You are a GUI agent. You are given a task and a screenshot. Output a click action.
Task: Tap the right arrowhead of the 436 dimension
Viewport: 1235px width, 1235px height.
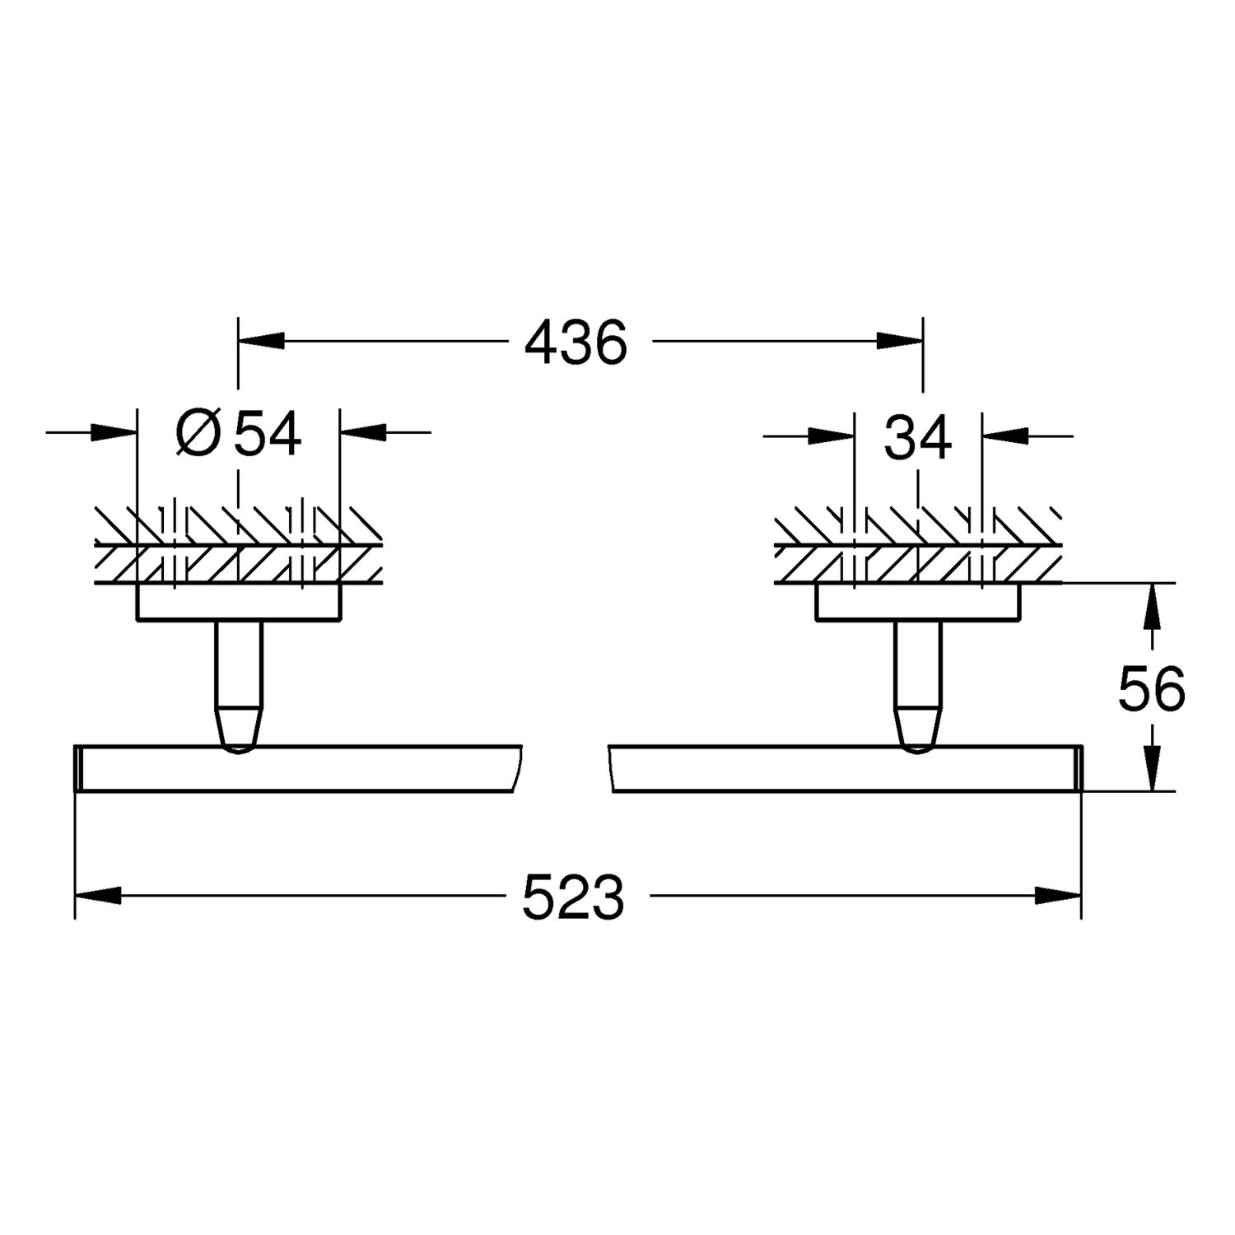[900, 341]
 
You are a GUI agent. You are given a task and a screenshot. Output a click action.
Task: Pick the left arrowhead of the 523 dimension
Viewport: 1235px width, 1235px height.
[98, 896]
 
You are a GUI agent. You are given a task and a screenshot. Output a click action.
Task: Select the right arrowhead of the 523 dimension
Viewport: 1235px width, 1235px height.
[1058, 896]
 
